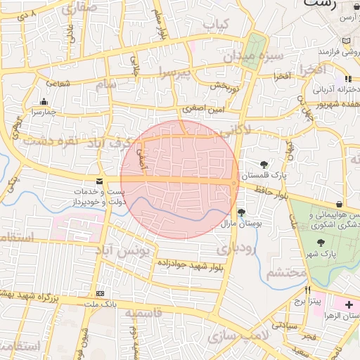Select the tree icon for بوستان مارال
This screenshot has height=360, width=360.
click(x=242, y=212)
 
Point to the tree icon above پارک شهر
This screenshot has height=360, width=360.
click(x=321, y=243)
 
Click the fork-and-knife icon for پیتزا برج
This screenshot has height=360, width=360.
click(x=307, y=290)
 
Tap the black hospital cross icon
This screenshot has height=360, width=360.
click(x=350, y=305)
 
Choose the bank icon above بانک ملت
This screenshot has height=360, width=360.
click(x=99, y=293)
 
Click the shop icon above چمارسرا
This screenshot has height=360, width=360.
click(x=44, y=101)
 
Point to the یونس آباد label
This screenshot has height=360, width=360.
click(x=123, y=250)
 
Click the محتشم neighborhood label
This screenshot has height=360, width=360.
click(x=287, y=271)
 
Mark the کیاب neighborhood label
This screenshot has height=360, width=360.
click(x=217, y=24)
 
